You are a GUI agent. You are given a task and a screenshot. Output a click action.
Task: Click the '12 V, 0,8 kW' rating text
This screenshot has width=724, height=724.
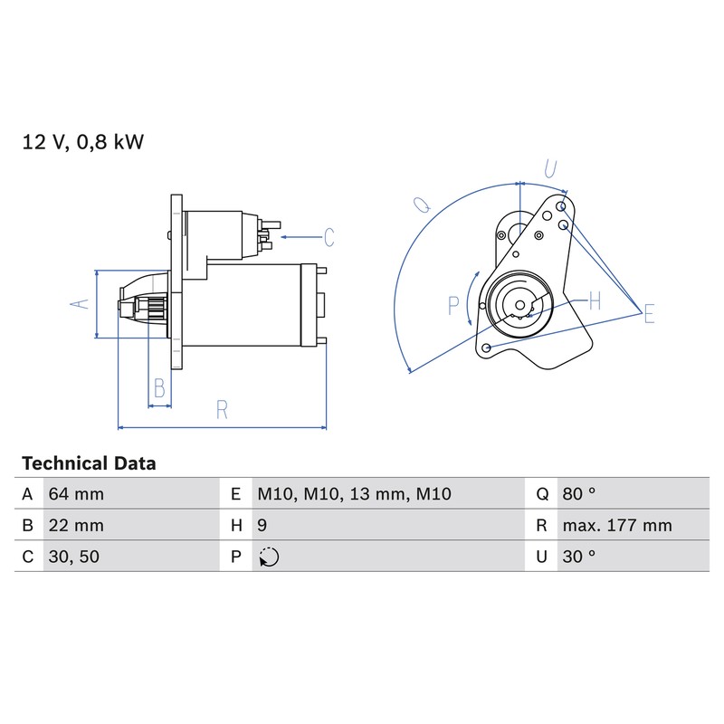[83, 142]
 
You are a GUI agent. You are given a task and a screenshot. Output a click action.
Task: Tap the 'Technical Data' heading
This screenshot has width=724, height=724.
[89, 463]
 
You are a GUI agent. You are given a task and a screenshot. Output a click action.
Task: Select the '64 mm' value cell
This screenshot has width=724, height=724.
[76, 494]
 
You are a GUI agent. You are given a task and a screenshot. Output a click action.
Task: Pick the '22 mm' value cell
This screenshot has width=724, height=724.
[76, 526]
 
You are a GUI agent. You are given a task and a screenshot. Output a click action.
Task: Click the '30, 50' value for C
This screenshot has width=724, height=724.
[74, 557]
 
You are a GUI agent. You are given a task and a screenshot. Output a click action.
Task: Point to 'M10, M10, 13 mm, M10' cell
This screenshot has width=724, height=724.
[354, 494]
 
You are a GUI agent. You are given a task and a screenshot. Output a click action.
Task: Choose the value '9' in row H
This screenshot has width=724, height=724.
[262, 526]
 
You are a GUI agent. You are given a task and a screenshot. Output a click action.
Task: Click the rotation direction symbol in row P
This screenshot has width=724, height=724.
[269, 557]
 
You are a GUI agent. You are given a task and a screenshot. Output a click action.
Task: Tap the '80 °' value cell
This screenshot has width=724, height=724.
[579, 494]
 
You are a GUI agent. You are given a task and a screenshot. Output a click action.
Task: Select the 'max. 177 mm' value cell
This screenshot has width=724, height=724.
[617, 526]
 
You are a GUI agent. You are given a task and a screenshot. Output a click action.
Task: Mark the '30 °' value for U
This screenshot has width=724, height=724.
[579, 557]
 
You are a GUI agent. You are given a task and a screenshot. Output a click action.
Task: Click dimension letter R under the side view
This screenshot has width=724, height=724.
[222, 410]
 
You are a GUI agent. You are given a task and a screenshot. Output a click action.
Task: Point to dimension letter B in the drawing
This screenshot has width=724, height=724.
[159, 388]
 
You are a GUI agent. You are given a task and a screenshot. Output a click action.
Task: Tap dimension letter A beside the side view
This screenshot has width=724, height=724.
[80, 304]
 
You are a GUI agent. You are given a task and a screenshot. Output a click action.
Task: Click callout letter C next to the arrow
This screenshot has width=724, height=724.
[329, 237]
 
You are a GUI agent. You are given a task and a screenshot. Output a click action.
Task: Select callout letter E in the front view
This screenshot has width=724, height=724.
[649, 313]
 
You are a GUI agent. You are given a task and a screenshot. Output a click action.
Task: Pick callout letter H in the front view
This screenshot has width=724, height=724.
[595, 301]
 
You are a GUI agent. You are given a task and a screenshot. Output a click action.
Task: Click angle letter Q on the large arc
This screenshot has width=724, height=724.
[423, 205]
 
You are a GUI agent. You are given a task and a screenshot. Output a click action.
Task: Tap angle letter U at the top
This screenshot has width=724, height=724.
[550, 169]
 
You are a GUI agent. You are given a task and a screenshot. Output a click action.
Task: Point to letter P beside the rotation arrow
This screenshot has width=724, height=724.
[453, 306]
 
